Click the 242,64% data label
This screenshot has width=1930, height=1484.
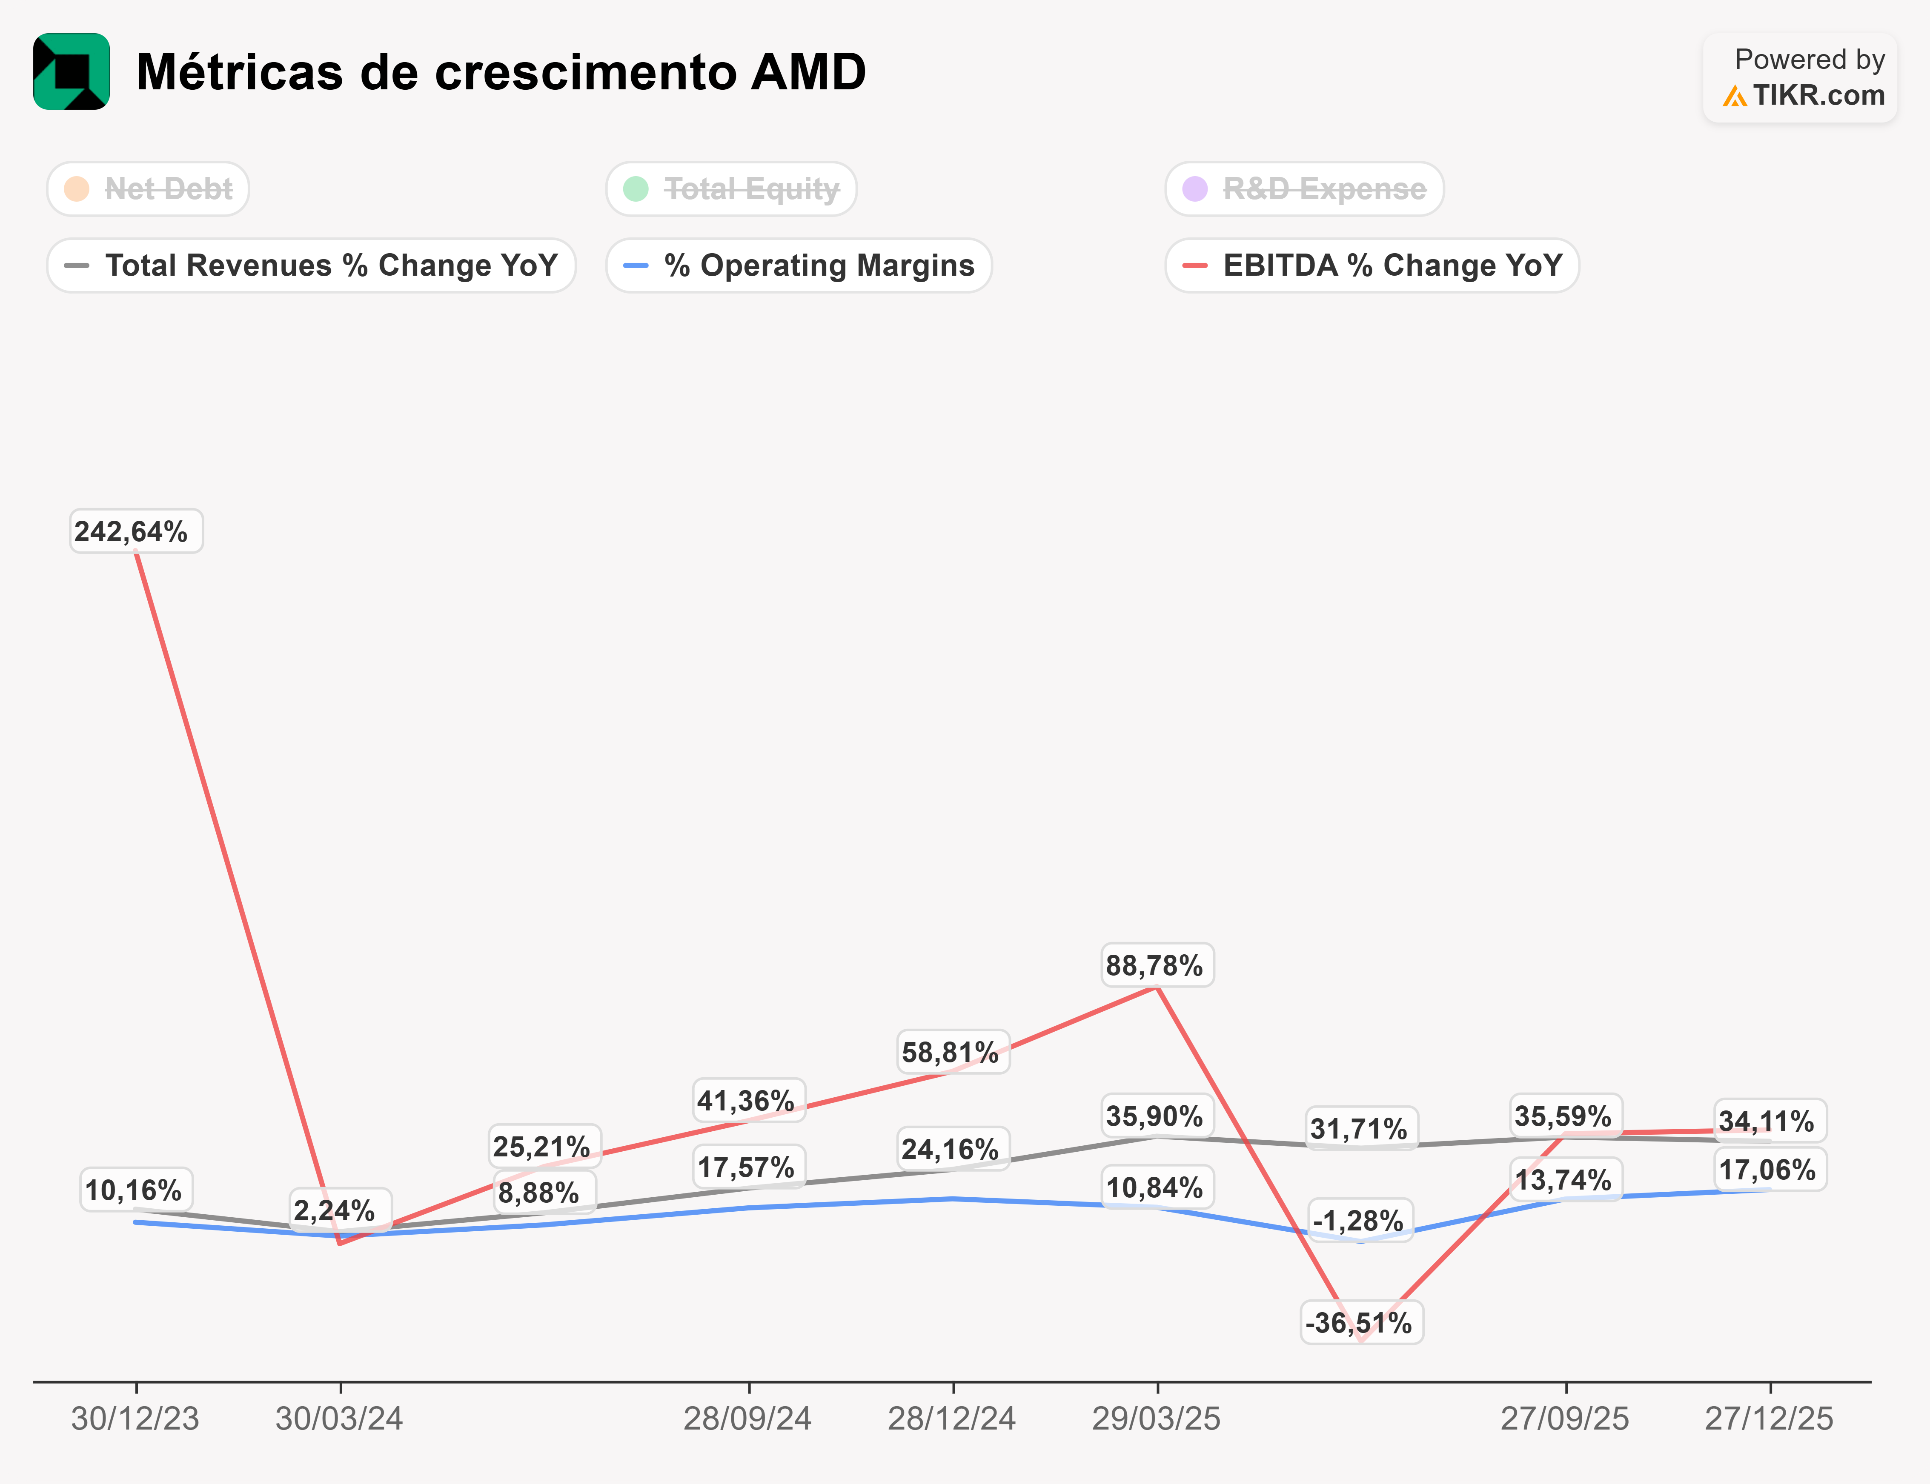point(135,532)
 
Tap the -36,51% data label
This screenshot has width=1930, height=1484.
point(1361,1322)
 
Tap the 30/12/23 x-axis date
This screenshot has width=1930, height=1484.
point(135,1418)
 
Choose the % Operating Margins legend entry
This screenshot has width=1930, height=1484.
point(799,265)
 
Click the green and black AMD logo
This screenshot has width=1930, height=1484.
point(72,71)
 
